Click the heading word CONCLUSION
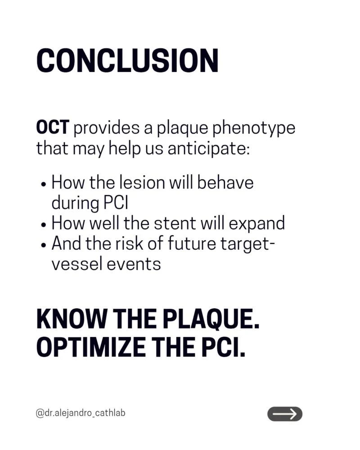(x=127, y=61)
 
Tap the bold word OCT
(x=53, y=127)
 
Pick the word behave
(x=225, y=183)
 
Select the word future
(x=192, y=243)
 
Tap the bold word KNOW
(x=71, y=319)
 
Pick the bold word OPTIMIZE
(x=91, y=346)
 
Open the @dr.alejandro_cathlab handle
(x=81, y=413)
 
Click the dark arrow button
(x=285, y=414)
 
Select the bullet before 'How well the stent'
(x=43, y=225)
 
